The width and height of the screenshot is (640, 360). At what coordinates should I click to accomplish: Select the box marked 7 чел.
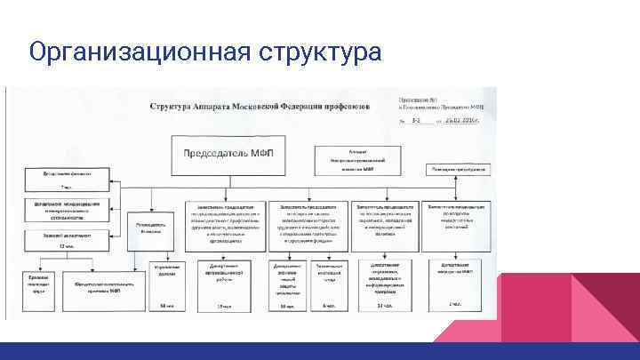tap(67, 180)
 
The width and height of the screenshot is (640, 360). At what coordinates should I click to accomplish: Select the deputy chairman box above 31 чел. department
tap(385, 219)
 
